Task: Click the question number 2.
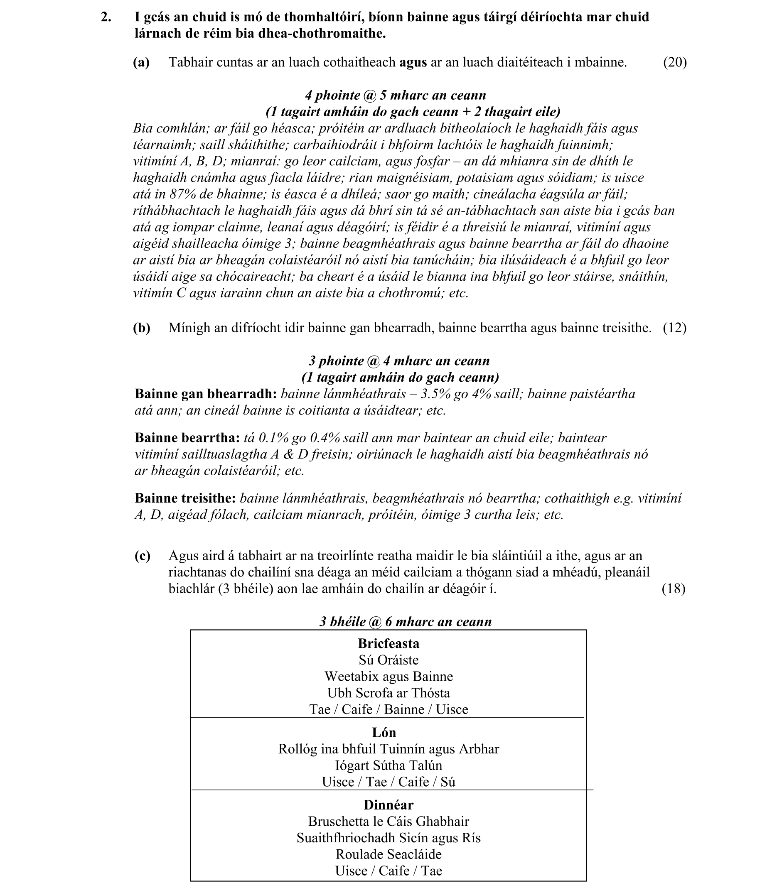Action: [x=106, y=17]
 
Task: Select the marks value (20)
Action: [x=675, y=62]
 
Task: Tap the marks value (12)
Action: [x=675, y=328]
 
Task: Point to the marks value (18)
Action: [x=674, y=589]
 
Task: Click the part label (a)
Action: [x=141, y=62]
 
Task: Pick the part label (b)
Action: [x=141, y=328]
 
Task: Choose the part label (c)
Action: [x=142, y=556]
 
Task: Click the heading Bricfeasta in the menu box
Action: [x=388, y=644]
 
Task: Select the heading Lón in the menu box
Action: [x=384, y=732]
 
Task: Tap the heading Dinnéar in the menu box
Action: [x=388, y=805]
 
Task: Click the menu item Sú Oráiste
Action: [x=388, y=660]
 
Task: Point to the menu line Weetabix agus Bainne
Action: [x=388, y=677]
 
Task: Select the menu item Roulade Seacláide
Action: [x=388, y=854]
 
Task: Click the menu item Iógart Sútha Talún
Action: [x=388, y=765]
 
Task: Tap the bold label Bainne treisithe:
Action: [x=185, y=498]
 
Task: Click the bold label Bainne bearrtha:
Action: [x=187, y=438]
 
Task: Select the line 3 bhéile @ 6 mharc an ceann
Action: [x=406, y=622]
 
